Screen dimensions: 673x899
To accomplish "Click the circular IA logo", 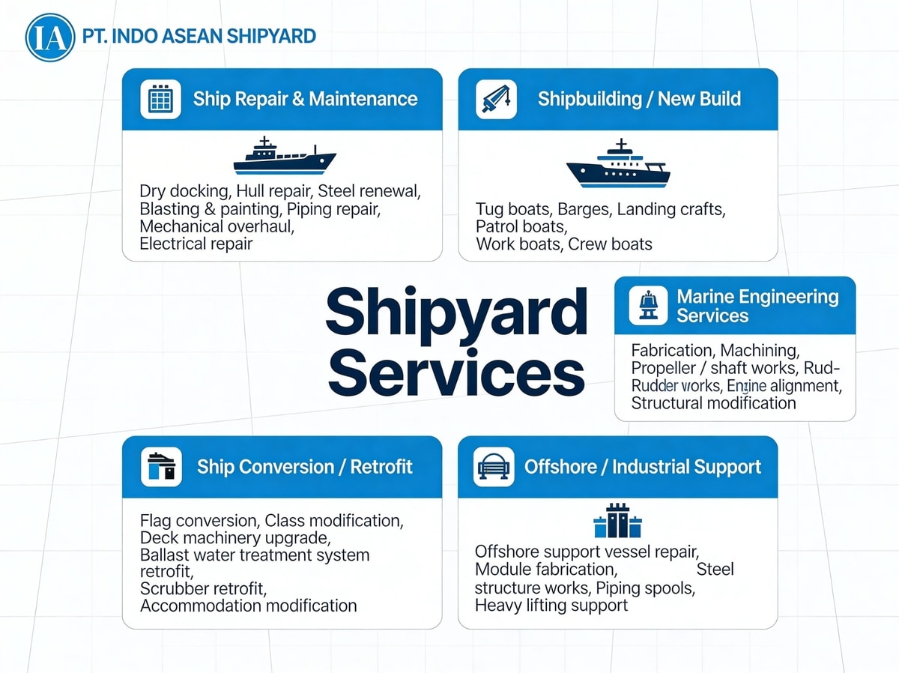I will pyautogui.click(x=50, y=36).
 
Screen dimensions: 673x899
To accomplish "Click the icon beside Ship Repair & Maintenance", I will pyautogui.click(x=160, y=99).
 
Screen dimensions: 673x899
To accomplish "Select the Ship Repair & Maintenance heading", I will pyautogui.click(x=305, y=99).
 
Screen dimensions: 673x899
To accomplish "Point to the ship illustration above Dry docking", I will pyautogui.click(x=285, y=157).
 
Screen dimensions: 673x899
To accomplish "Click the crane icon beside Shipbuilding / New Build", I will pyautogui.click(x=496, y=99).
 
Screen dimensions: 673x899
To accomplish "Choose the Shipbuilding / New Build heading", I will pyautogui.click(x=639, y=99).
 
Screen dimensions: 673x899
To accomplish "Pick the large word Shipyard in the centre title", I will pyautogui.click(x=456, y=312).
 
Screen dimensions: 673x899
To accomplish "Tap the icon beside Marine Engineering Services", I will pyautogui.click(x=648, y=306).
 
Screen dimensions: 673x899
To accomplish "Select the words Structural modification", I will pyautogui.click(x=713, y=403).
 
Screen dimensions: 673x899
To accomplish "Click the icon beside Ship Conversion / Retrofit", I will pyautogui.click(x=161, y=467).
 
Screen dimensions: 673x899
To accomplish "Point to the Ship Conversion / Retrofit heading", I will pyautogui.click(x=305, y=467).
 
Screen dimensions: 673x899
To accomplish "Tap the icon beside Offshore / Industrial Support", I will pyautogui.click(x=494, y=467).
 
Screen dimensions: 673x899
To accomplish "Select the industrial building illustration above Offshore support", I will pyautogui.click(x=617, y=521).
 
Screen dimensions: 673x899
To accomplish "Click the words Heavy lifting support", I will pyautogui.click(x=551, y=605).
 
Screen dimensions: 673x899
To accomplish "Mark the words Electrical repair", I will pyautogui.click(x=196, y=244).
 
